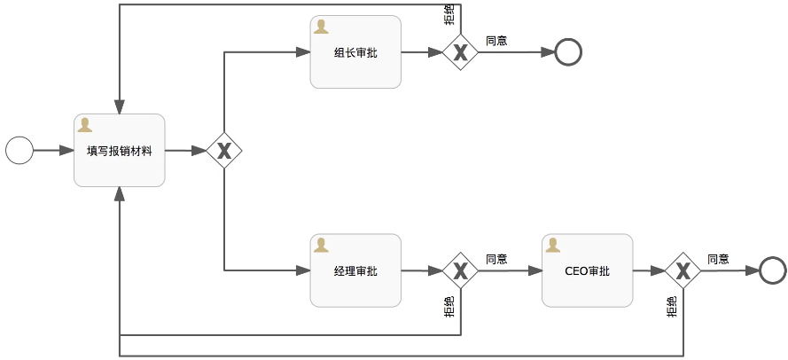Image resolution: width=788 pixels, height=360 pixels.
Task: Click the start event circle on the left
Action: point(19,151)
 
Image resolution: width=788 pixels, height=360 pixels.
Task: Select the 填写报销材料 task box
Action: point(120,151)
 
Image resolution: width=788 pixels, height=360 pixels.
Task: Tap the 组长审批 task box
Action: point(355,52)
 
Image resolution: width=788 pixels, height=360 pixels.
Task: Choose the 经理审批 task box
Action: point(355,270)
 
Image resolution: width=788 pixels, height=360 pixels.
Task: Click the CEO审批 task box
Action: point(587,270)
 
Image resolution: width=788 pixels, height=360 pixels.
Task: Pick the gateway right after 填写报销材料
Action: point(224,151)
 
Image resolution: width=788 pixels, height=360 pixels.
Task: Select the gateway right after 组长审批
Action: point(460,52)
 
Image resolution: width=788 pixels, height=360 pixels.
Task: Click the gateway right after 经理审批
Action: point(460,270)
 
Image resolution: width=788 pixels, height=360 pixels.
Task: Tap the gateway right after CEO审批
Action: point(683,270)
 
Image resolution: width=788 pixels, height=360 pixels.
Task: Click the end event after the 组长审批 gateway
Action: point(568,52)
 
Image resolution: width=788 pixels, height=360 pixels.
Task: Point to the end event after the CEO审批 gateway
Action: point(773,270)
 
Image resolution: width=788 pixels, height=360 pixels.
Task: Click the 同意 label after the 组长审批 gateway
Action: point(496,41)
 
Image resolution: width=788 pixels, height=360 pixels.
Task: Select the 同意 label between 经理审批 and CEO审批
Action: point(496,259)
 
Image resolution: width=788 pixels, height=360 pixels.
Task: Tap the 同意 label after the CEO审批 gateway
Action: point(718,259)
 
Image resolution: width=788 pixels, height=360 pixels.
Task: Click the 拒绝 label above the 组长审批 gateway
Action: point(449,15)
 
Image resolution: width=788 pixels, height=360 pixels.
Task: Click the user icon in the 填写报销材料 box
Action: point(86,125)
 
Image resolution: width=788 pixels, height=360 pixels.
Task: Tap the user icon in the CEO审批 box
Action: point(554,245)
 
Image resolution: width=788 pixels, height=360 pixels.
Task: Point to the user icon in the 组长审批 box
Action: point(322,27)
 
